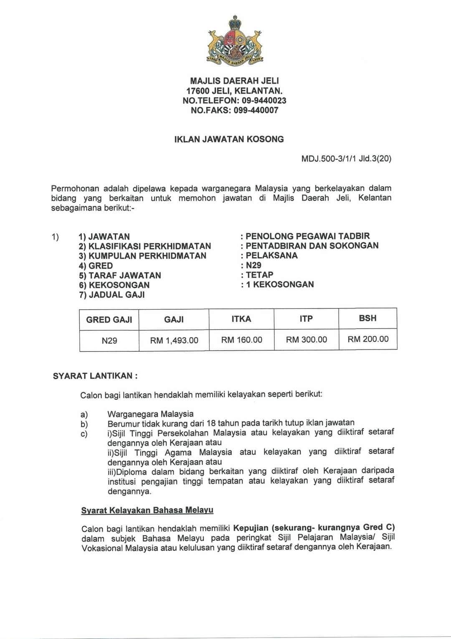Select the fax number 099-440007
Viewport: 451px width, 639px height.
coord(256,111)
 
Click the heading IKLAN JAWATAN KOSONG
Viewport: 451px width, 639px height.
coord(229,139)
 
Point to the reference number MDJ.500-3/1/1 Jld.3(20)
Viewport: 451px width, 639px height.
coord(346,159)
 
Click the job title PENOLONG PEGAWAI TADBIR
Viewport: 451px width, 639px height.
coord(307,236)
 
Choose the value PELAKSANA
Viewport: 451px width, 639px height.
coord(271,255)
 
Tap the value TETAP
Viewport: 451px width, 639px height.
coord(259,275)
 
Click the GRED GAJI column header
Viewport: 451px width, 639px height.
coord(109,320)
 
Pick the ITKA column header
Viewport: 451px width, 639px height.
coord(241,319)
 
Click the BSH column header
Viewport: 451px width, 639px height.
coord(367,318)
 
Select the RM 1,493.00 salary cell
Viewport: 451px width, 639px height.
coord(174,341)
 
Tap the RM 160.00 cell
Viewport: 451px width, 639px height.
coord(242,340)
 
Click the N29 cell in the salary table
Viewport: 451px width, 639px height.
coord(109,341)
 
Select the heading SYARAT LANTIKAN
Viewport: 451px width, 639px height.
coord(95,376)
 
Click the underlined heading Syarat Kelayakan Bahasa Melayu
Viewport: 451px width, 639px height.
coord(147,510)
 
